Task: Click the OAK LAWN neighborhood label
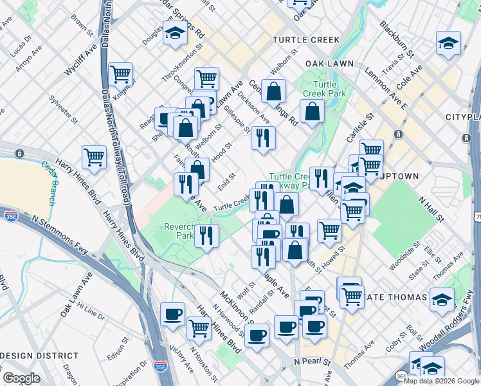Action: (x=330, y=64)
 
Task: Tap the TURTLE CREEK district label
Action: (x=305, y=40)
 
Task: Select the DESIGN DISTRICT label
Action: (x=39, y=356)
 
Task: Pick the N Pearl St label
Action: (x=312, y=363)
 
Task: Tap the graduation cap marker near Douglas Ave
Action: (x=174, y=33)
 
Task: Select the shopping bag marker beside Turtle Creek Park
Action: (x=312, y=111)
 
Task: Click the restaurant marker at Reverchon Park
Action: (x=206, y=235)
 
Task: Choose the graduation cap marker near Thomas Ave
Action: (x=442, y=299)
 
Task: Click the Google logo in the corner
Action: (x=21, y=378)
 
